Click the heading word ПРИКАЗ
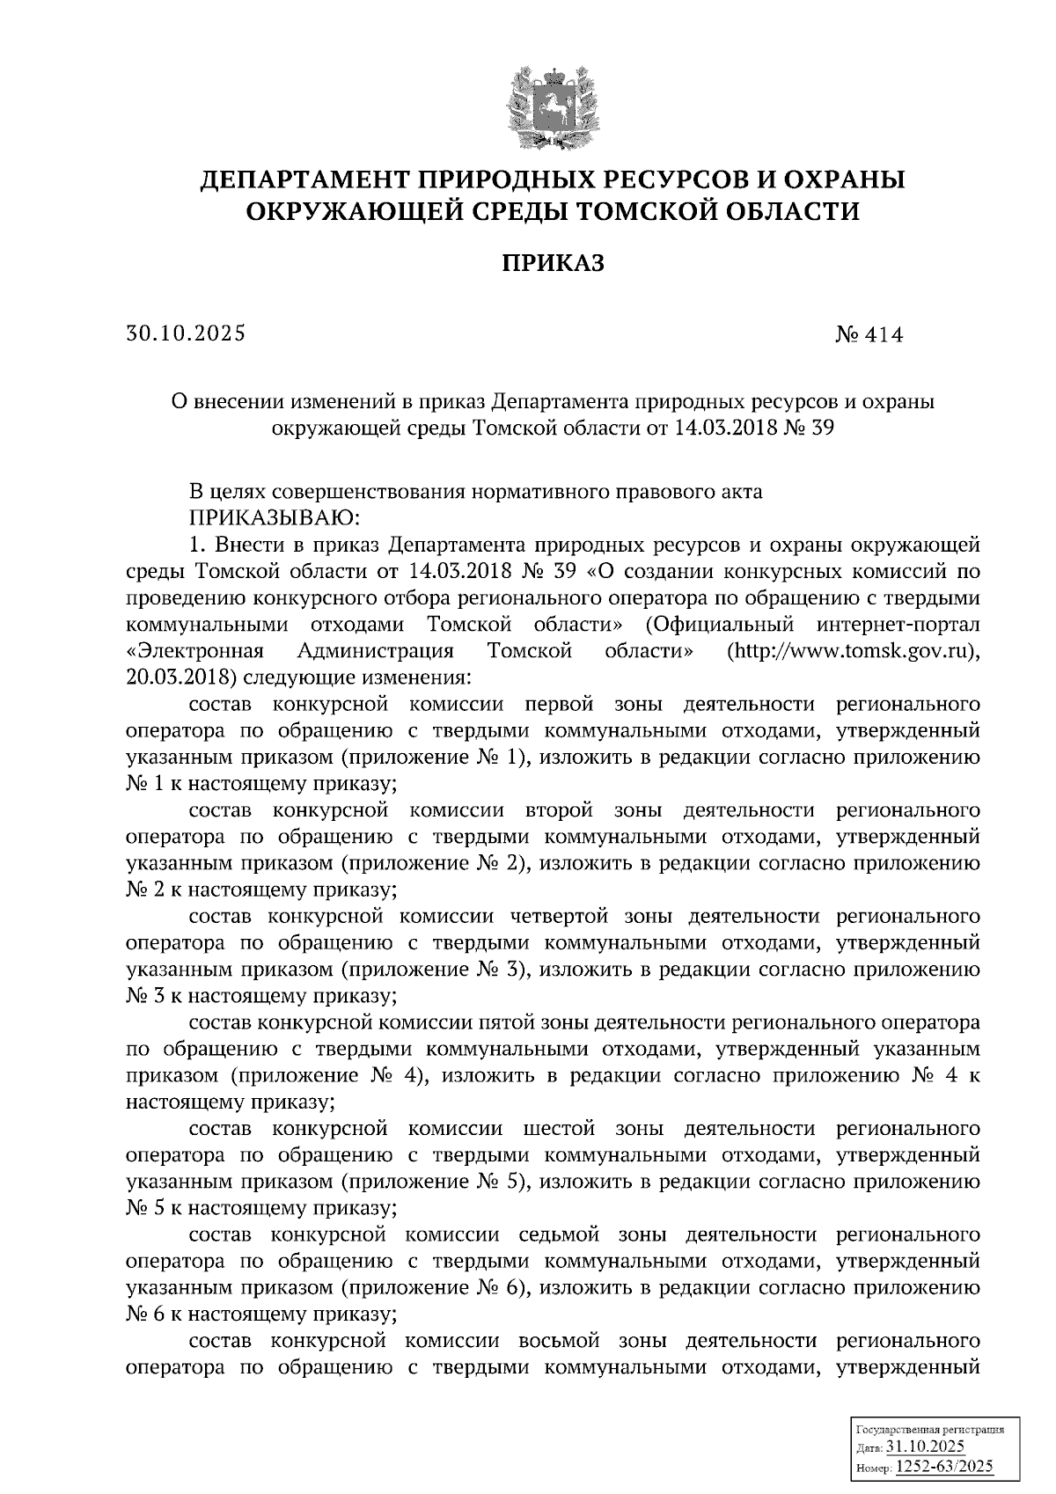553,263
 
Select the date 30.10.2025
186,334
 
